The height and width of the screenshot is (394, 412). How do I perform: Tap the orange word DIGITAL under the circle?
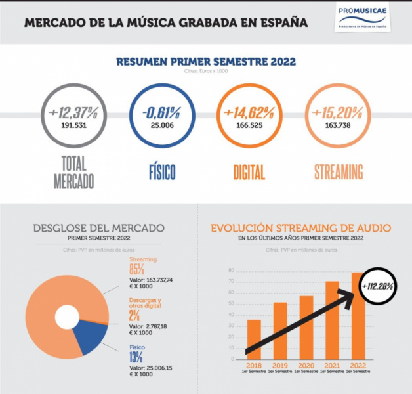pyautogui.click(x=249, y=173)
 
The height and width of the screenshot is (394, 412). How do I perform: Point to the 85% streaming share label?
pyautogui.click(x=136, y=270)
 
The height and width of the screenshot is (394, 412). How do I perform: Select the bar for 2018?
pyautogui.click(x=253, y=339)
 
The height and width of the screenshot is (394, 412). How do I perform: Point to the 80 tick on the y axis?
pyautogui.click(x=231, y=270)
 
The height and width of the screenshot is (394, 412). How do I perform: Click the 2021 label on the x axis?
pyautogui.click(x=332, y=366)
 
